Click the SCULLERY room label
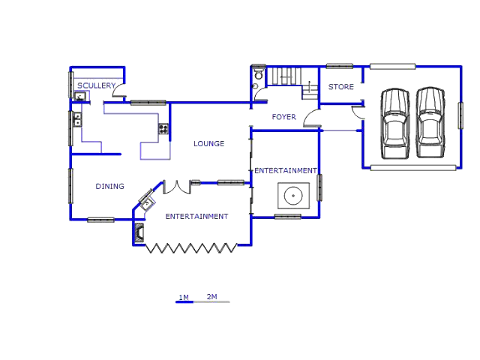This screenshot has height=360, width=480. coord(96,85)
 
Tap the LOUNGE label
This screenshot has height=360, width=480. coord(208,143)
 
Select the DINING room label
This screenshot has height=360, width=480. coord(110,186)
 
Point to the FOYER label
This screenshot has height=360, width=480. coord(283,117)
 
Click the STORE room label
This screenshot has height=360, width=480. coord(340,87)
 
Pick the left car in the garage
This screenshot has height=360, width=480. coord(395,124)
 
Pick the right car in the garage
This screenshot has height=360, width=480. coord(430,122)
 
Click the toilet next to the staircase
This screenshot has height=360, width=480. coord(259,73)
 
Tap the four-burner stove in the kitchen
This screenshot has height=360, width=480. coord(163,128)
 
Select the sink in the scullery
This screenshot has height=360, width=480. coord(80,97)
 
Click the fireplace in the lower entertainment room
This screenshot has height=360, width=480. coord(139,232)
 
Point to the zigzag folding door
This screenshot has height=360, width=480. coord(190,248)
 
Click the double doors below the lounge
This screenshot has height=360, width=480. coord(177,187)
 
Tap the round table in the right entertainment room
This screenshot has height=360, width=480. coord(293,196)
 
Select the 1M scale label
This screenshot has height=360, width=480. coord(184,298)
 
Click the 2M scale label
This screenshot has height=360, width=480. coord(211,297)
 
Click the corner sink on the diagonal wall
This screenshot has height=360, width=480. coord(148,203)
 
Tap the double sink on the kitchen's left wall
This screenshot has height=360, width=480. coord(77,120)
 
